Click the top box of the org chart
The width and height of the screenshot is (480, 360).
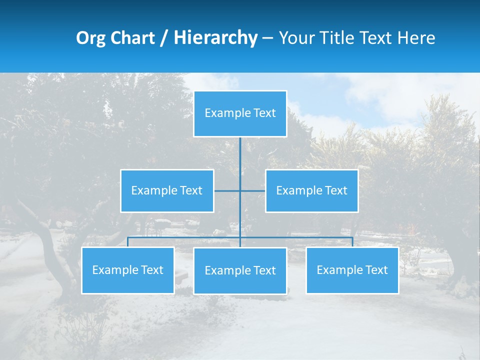pos(240,113)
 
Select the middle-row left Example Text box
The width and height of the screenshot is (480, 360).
pos(167,190)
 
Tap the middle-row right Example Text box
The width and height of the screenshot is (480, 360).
pos(311,190)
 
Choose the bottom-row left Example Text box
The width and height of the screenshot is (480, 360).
pos(127,270)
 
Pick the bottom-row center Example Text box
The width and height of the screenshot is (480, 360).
pos(240,270)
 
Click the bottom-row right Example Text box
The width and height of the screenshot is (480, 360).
pos(352,270)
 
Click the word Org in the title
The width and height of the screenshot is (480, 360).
pos(90,38)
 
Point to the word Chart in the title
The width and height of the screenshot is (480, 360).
pos(132,38)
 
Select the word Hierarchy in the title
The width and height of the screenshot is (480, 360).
pos(215,38)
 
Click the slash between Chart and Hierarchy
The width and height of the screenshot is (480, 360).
pos(164,38)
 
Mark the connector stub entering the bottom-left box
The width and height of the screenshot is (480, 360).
pos(127,242)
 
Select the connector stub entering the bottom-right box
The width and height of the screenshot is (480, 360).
pos(352,242)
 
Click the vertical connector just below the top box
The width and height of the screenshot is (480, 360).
pos(240,150)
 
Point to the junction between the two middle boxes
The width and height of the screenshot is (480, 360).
pos(240,190)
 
